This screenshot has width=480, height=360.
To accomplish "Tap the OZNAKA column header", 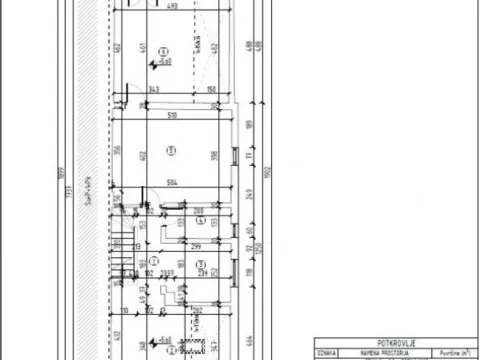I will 326,353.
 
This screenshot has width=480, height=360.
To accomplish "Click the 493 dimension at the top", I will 172,6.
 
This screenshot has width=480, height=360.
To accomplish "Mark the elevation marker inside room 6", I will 157,63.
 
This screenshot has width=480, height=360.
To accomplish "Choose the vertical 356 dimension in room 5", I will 117,152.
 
